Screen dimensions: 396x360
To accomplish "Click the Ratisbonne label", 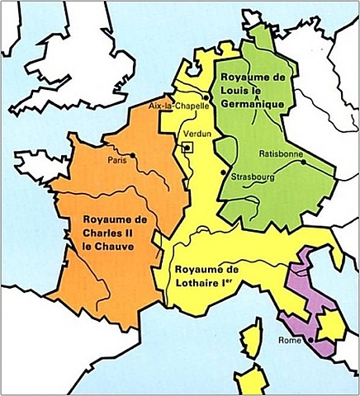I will (281, 153).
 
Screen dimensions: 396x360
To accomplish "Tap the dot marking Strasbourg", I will (225, 172).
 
